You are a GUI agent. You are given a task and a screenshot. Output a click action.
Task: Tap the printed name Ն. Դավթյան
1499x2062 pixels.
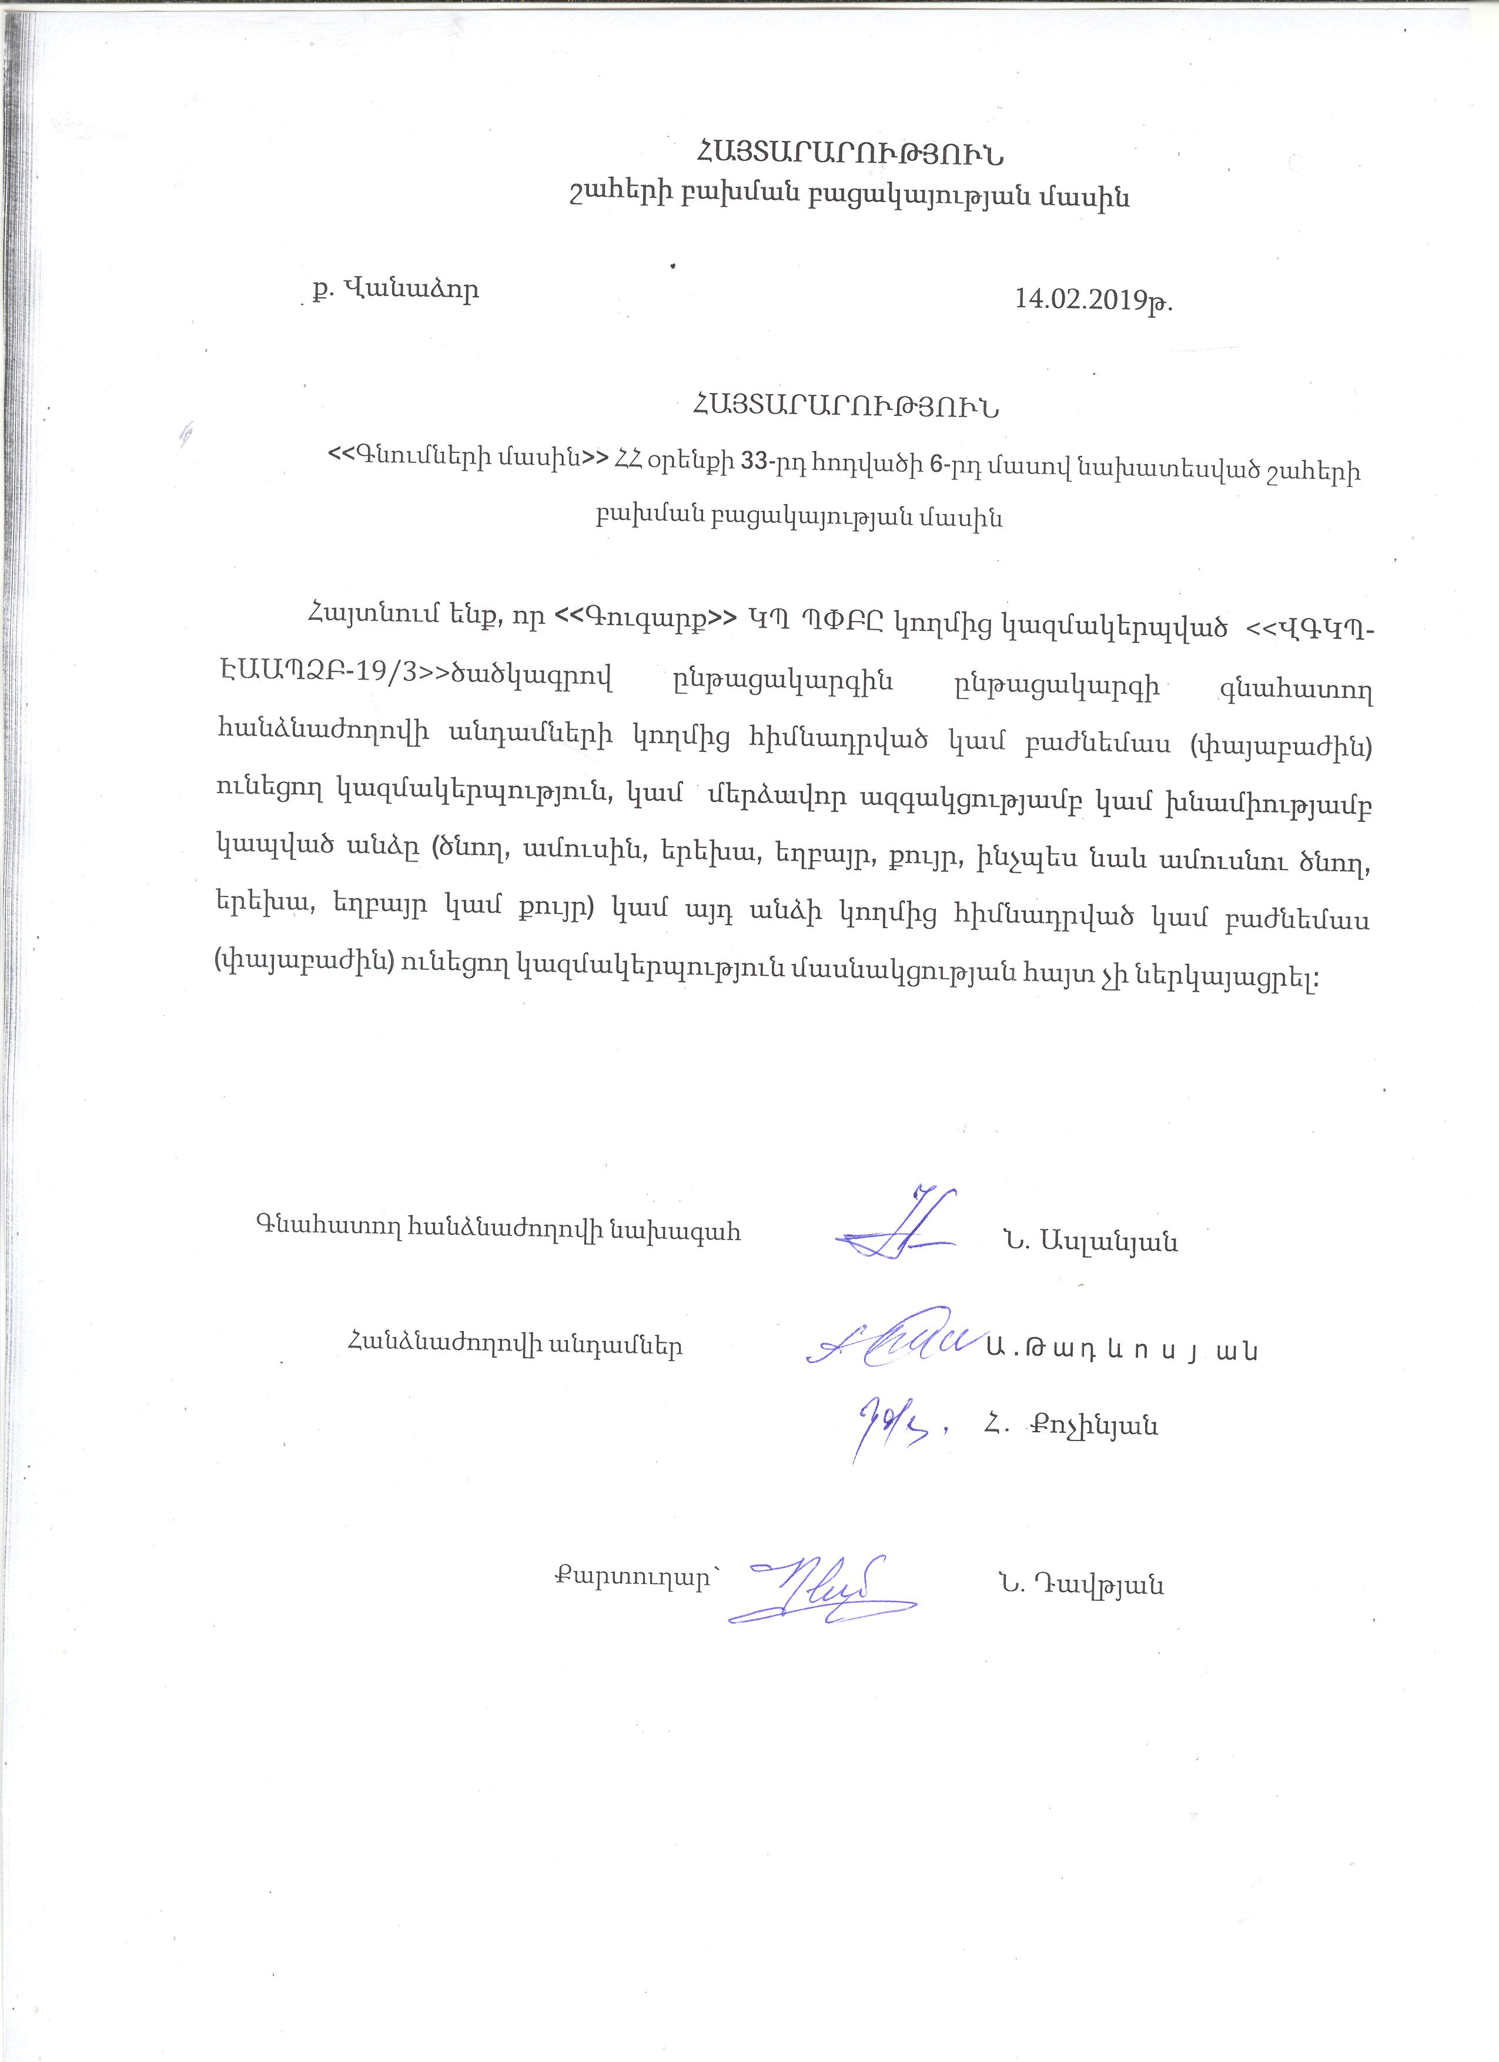1080,1585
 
